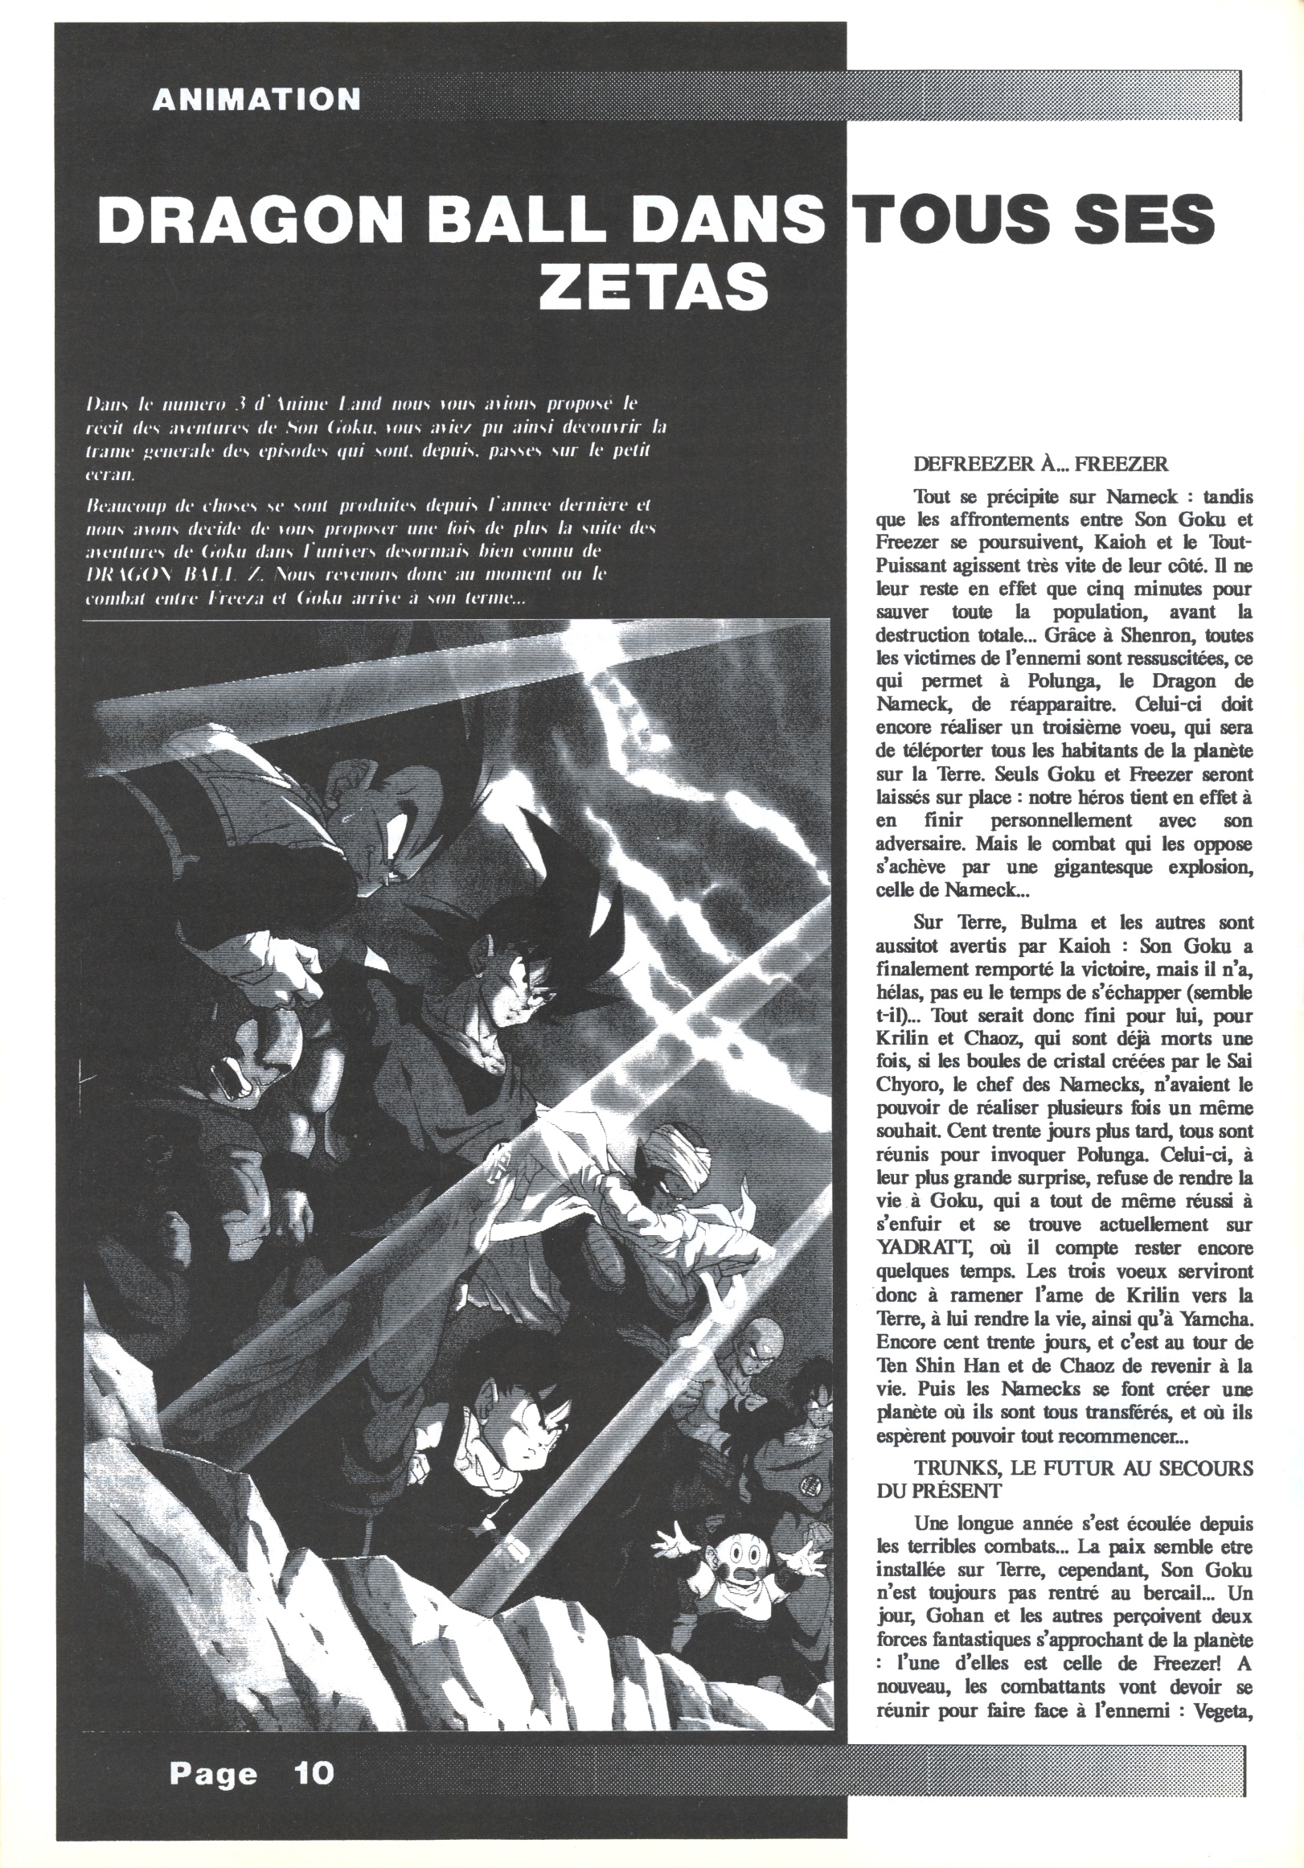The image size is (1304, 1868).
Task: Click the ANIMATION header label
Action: click(x=256, y=99)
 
